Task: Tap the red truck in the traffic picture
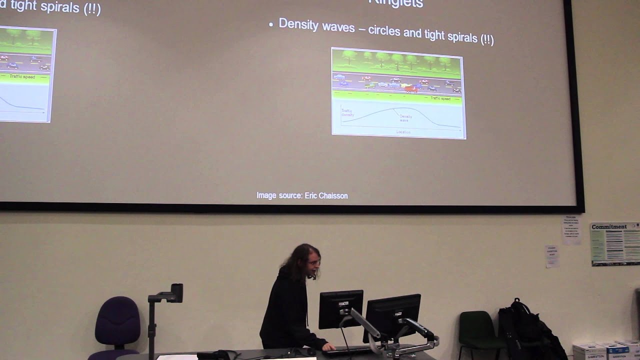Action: (410, 89)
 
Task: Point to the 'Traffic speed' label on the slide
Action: (440, 98)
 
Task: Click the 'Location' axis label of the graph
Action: (403, 132)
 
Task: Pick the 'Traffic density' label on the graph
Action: (347, 112)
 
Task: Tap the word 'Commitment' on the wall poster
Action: (608, 226)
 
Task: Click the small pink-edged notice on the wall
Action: (551, 256)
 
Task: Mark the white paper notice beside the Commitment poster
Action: (571, 230)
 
